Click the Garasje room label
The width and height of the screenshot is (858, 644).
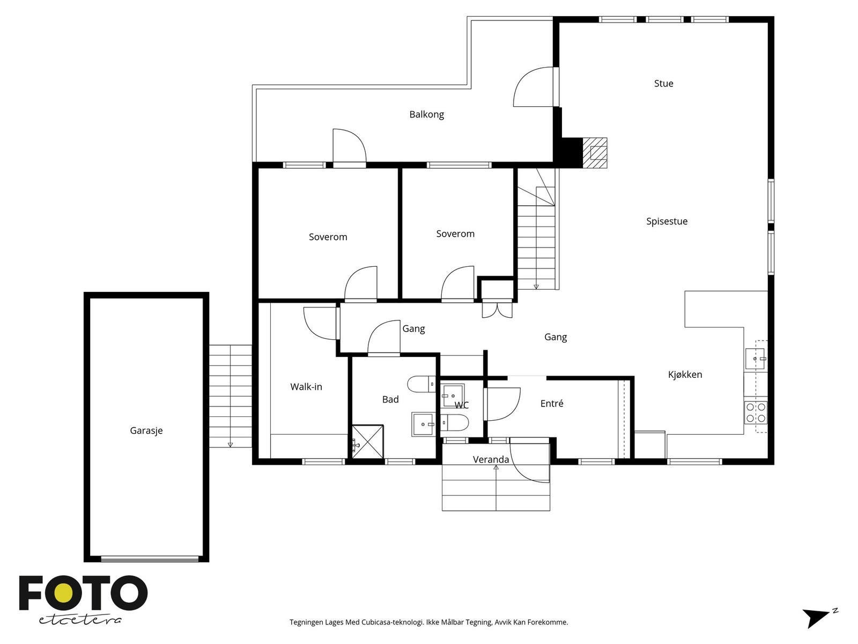coord(146,430)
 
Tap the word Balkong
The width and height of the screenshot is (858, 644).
coord(426,114)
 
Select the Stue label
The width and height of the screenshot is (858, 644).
coord(663,83)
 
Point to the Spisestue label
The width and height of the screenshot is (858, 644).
coord(667,221)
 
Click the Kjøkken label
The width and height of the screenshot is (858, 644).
coord(685,375)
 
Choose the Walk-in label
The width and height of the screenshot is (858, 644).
coord(306,387)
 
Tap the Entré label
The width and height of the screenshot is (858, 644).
coord(552,403)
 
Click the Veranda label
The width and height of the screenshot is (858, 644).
coord(491,459)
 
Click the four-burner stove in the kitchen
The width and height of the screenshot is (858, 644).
coord(755,413)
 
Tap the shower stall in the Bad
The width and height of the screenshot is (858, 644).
coord(367,442)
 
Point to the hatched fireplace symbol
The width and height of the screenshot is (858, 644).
coord(595,153)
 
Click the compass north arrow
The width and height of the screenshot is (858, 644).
coord(819,618)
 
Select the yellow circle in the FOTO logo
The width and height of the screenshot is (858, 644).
coord(63,594)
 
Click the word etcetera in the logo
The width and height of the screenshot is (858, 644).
coord(80,620)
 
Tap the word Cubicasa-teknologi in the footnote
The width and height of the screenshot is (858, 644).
coord(393,622)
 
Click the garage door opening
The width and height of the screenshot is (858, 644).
coord(150,559)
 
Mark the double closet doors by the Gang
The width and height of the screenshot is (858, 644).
coord(497,309)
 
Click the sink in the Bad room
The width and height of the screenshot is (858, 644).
coord(423,425)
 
